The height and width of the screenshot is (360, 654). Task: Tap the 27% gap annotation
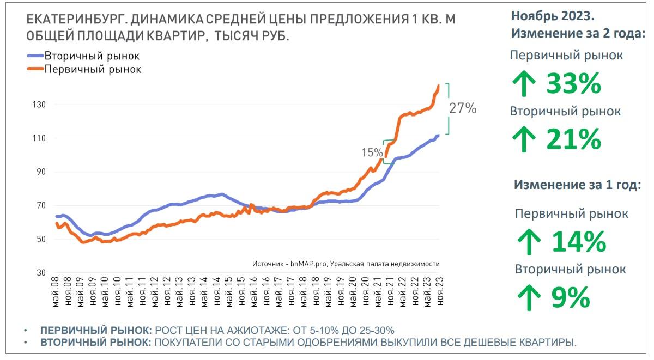click(x=462, y=108)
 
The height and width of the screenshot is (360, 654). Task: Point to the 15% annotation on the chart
click(x=371, y=153)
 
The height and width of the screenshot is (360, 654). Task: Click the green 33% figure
click(x=573, y=84)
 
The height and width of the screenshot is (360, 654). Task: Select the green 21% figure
click(x=573, y=139)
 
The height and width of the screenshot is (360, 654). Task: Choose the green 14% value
click(x=579, y=242)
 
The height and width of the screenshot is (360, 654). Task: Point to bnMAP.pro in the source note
click(x=309, y=264)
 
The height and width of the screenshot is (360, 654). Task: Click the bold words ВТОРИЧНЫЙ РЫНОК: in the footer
click(x=95, y=343)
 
